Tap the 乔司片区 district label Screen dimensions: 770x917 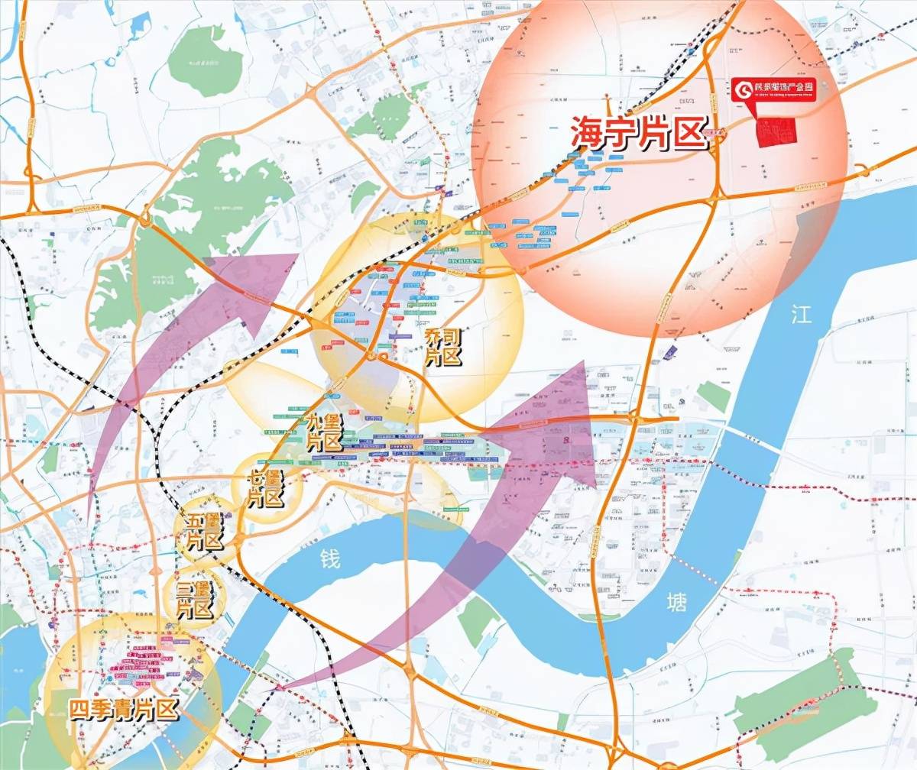pos(445,347)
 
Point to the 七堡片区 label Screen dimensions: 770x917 pos(265,489)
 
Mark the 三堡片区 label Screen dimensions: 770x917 pos(193,599)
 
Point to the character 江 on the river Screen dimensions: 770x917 pos(801,315)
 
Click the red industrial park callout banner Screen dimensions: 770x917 pos(773,89)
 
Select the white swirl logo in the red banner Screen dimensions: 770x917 pos(742,89)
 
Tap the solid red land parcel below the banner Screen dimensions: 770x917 pos(774,133)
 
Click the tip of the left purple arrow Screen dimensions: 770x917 pos(296,255)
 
